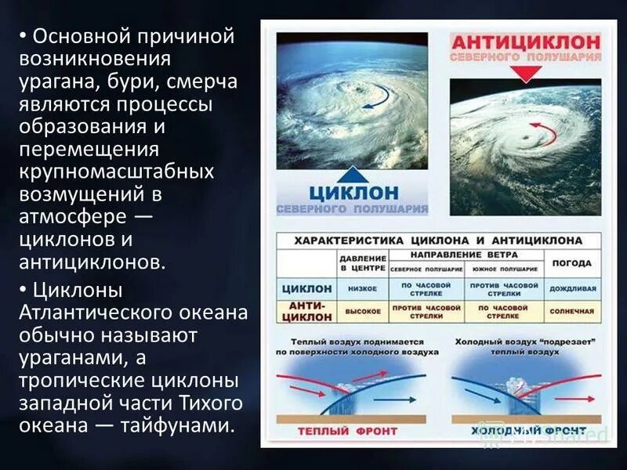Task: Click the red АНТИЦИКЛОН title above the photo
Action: pyautogui.click(x=525, y=42)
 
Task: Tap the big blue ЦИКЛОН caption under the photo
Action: pyautogui.click(x=353, y=192)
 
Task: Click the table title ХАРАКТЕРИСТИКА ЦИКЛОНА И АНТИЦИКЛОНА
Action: pyautogui.click(x=438, y=240)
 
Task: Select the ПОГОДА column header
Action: pyautogui.click(x=571, y=263)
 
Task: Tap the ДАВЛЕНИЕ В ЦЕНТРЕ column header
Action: pyautogui.click(x=363, y=263)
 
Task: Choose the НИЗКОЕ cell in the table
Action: pyautogui.click(x=363, y=288)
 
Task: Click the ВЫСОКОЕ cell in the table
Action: pyautogui.click(x=363, y=311)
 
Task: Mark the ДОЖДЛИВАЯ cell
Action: pyautogui.click(x=571, y=288)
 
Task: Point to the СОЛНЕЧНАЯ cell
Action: pyautogui.click(x=571, y=311)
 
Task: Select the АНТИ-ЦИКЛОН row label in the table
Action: pyautogui.click(x=306, y=311)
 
